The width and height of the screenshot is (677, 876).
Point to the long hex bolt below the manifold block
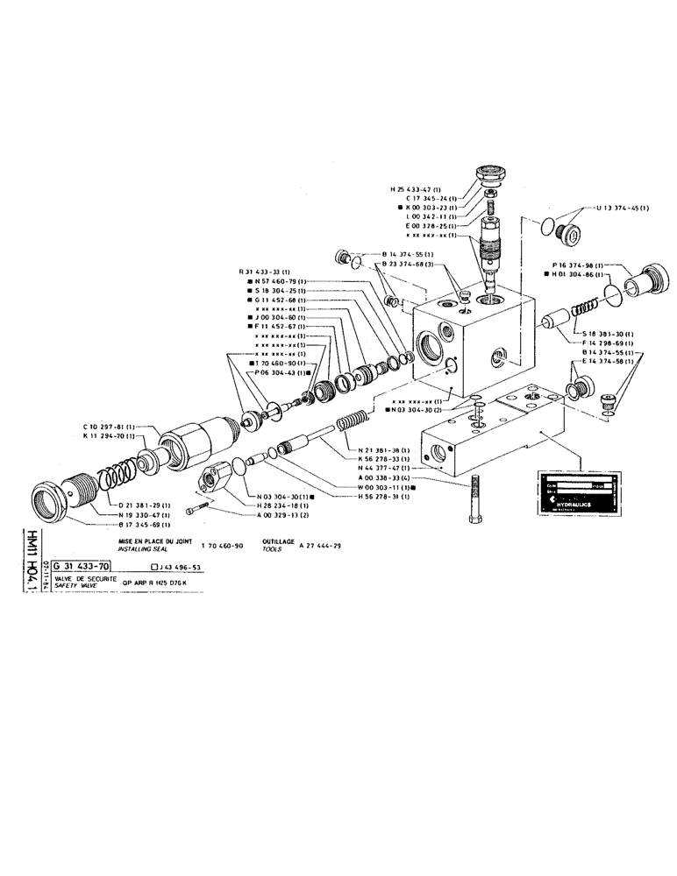pyautogui.click(x=474, y=498)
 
